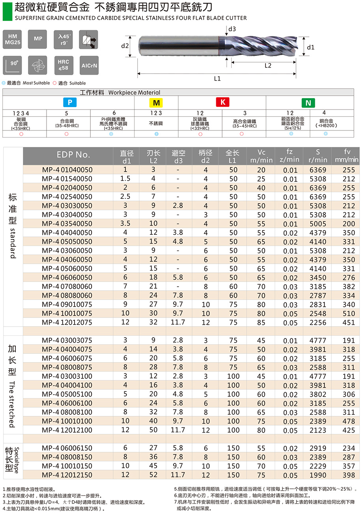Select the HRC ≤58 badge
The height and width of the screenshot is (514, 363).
(63, 64)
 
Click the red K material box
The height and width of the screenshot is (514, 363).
(223, 102)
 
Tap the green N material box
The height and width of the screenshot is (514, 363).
(308, 103)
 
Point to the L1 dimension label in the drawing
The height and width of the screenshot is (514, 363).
(217, 79)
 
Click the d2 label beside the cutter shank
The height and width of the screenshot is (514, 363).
(125, 46)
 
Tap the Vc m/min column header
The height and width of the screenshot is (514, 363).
(262, 156)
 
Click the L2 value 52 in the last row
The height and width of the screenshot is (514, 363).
(153, 475)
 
